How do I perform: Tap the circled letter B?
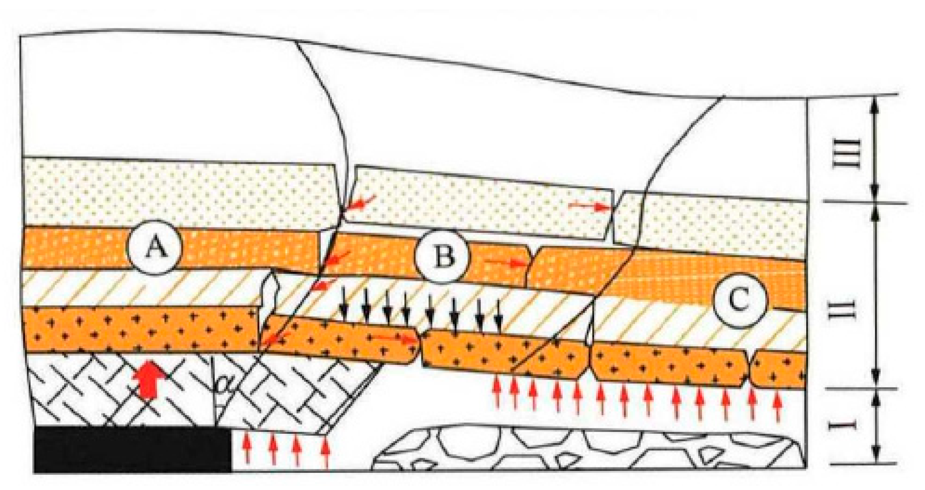click(x=442, y=257)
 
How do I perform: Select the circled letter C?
click(x=739, y=300)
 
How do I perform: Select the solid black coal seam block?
click(x=132, y=449)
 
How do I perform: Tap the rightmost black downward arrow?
click(x=498, y=314)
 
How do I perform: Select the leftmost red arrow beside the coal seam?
click(x=247, y=446)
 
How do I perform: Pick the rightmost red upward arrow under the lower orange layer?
click(x=776, y=403)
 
